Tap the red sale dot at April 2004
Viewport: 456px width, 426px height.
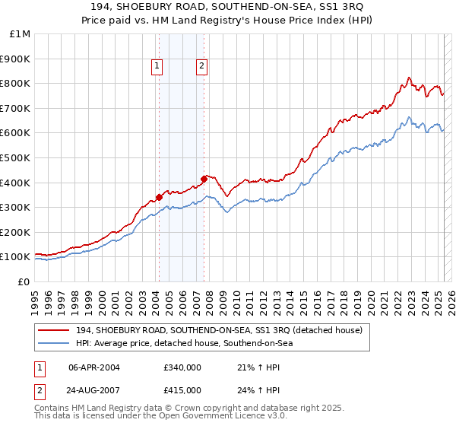[159, 197]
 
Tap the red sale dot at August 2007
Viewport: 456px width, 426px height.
[204, 179]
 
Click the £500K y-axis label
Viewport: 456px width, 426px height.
[15, 158]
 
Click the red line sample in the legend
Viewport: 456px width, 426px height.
[55, 329]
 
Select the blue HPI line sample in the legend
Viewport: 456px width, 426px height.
[55, 343]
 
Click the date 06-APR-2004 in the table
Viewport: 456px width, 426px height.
[94, 367]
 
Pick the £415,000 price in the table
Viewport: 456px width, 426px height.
[182, 389]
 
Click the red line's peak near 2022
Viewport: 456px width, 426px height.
[409, 78]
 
